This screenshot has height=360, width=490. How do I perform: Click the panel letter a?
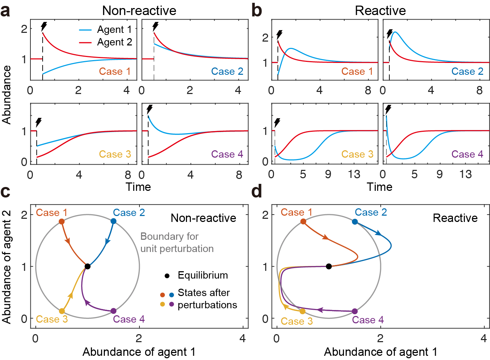click(5, 11)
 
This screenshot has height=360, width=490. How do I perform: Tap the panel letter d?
click(257, 191)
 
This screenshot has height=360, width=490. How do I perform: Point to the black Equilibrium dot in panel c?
click(88, 266)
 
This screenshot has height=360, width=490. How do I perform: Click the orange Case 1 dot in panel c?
click(62, 222)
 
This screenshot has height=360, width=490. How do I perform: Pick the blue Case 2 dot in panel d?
click(355, 222)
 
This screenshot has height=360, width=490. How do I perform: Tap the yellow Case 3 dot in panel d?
click(303, 311)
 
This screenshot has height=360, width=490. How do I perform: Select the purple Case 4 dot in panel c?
click(114, 311)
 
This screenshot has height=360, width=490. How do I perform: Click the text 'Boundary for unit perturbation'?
click(177, 243)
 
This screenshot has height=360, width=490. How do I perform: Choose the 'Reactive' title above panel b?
click(380, 10)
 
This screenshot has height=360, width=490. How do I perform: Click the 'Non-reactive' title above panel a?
click(139, 10)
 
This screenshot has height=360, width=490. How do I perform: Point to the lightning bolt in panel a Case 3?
click(38, 122)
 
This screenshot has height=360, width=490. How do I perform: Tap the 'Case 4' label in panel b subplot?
click(467, 154)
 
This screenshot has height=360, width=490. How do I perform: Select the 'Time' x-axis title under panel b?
click(380, 187)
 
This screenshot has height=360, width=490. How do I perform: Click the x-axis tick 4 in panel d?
click(484, 338)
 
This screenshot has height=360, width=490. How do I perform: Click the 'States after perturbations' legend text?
click(207, 299)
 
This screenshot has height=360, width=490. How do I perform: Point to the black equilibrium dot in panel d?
click(329, 266)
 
